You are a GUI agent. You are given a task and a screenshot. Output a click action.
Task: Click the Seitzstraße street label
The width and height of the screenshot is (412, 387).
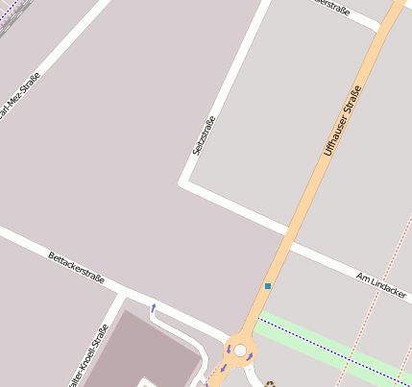tap(204, 135)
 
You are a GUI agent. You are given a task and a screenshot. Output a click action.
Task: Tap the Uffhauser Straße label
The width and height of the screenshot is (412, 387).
tap(343, 120)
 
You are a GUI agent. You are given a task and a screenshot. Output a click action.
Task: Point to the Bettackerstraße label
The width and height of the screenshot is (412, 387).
tap(76, 271)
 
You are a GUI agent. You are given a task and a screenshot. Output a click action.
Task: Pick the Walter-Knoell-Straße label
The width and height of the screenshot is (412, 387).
tap(89, 356)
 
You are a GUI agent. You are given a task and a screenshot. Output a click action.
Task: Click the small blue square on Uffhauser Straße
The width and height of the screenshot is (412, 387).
tap(268, 286)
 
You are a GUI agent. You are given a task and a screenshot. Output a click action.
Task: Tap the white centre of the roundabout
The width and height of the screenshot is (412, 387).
tap(240, 351)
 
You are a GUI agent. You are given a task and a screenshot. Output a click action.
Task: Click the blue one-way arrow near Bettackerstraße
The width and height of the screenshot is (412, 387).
tap(153, 308)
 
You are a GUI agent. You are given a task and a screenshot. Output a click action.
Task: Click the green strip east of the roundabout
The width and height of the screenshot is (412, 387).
tap(327, 341)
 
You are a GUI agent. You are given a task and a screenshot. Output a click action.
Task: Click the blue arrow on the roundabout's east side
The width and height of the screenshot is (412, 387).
tap(252, 357)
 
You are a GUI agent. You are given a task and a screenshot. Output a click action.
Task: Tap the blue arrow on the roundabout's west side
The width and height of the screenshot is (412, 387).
tap(224, 368)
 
